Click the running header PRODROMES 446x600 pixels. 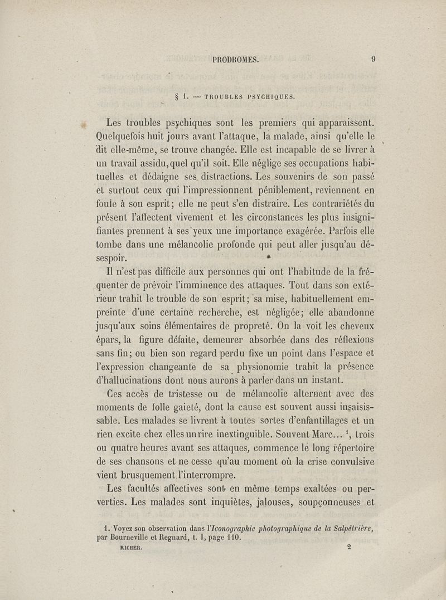[x=236, y=61]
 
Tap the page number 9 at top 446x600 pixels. [x=373, y=61]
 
